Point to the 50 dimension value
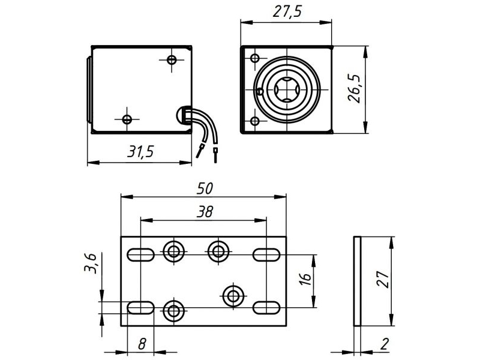click(x=205, y=188)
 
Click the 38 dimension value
click(x=205, y=211)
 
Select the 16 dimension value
click(x=305, y=279)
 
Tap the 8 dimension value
click(x=142, y=344)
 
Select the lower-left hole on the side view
click(x=127, y=118)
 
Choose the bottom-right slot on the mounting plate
click(x=266, y=307)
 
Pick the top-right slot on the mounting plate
click(x=266, y=254)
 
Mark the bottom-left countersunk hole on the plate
click(x=174, y=310)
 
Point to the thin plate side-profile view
click(x=358, y=281)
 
